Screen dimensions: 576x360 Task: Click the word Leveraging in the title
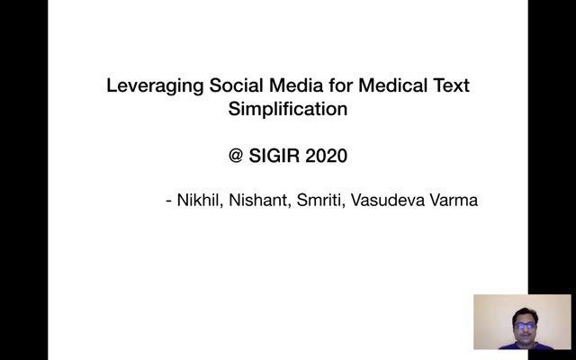[x=155, y=86]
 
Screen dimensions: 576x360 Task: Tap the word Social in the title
[x=236, y=85]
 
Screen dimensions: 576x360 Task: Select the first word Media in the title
[x=296, y=85]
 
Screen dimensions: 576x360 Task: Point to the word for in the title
[x=340, y=85]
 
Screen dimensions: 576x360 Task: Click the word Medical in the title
[x=392, y=85]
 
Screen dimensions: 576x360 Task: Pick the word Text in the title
[x=452, y=85]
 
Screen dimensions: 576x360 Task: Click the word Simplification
[x=288, y=110]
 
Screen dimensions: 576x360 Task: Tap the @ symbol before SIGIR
[x=236, y=156]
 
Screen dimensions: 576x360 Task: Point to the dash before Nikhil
[x=169, y=202]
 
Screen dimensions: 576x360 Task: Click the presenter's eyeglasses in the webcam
[x=525, y=326]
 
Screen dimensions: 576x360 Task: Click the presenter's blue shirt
[x=526, y=346]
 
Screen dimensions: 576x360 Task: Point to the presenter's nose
[x=525, y=329]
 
